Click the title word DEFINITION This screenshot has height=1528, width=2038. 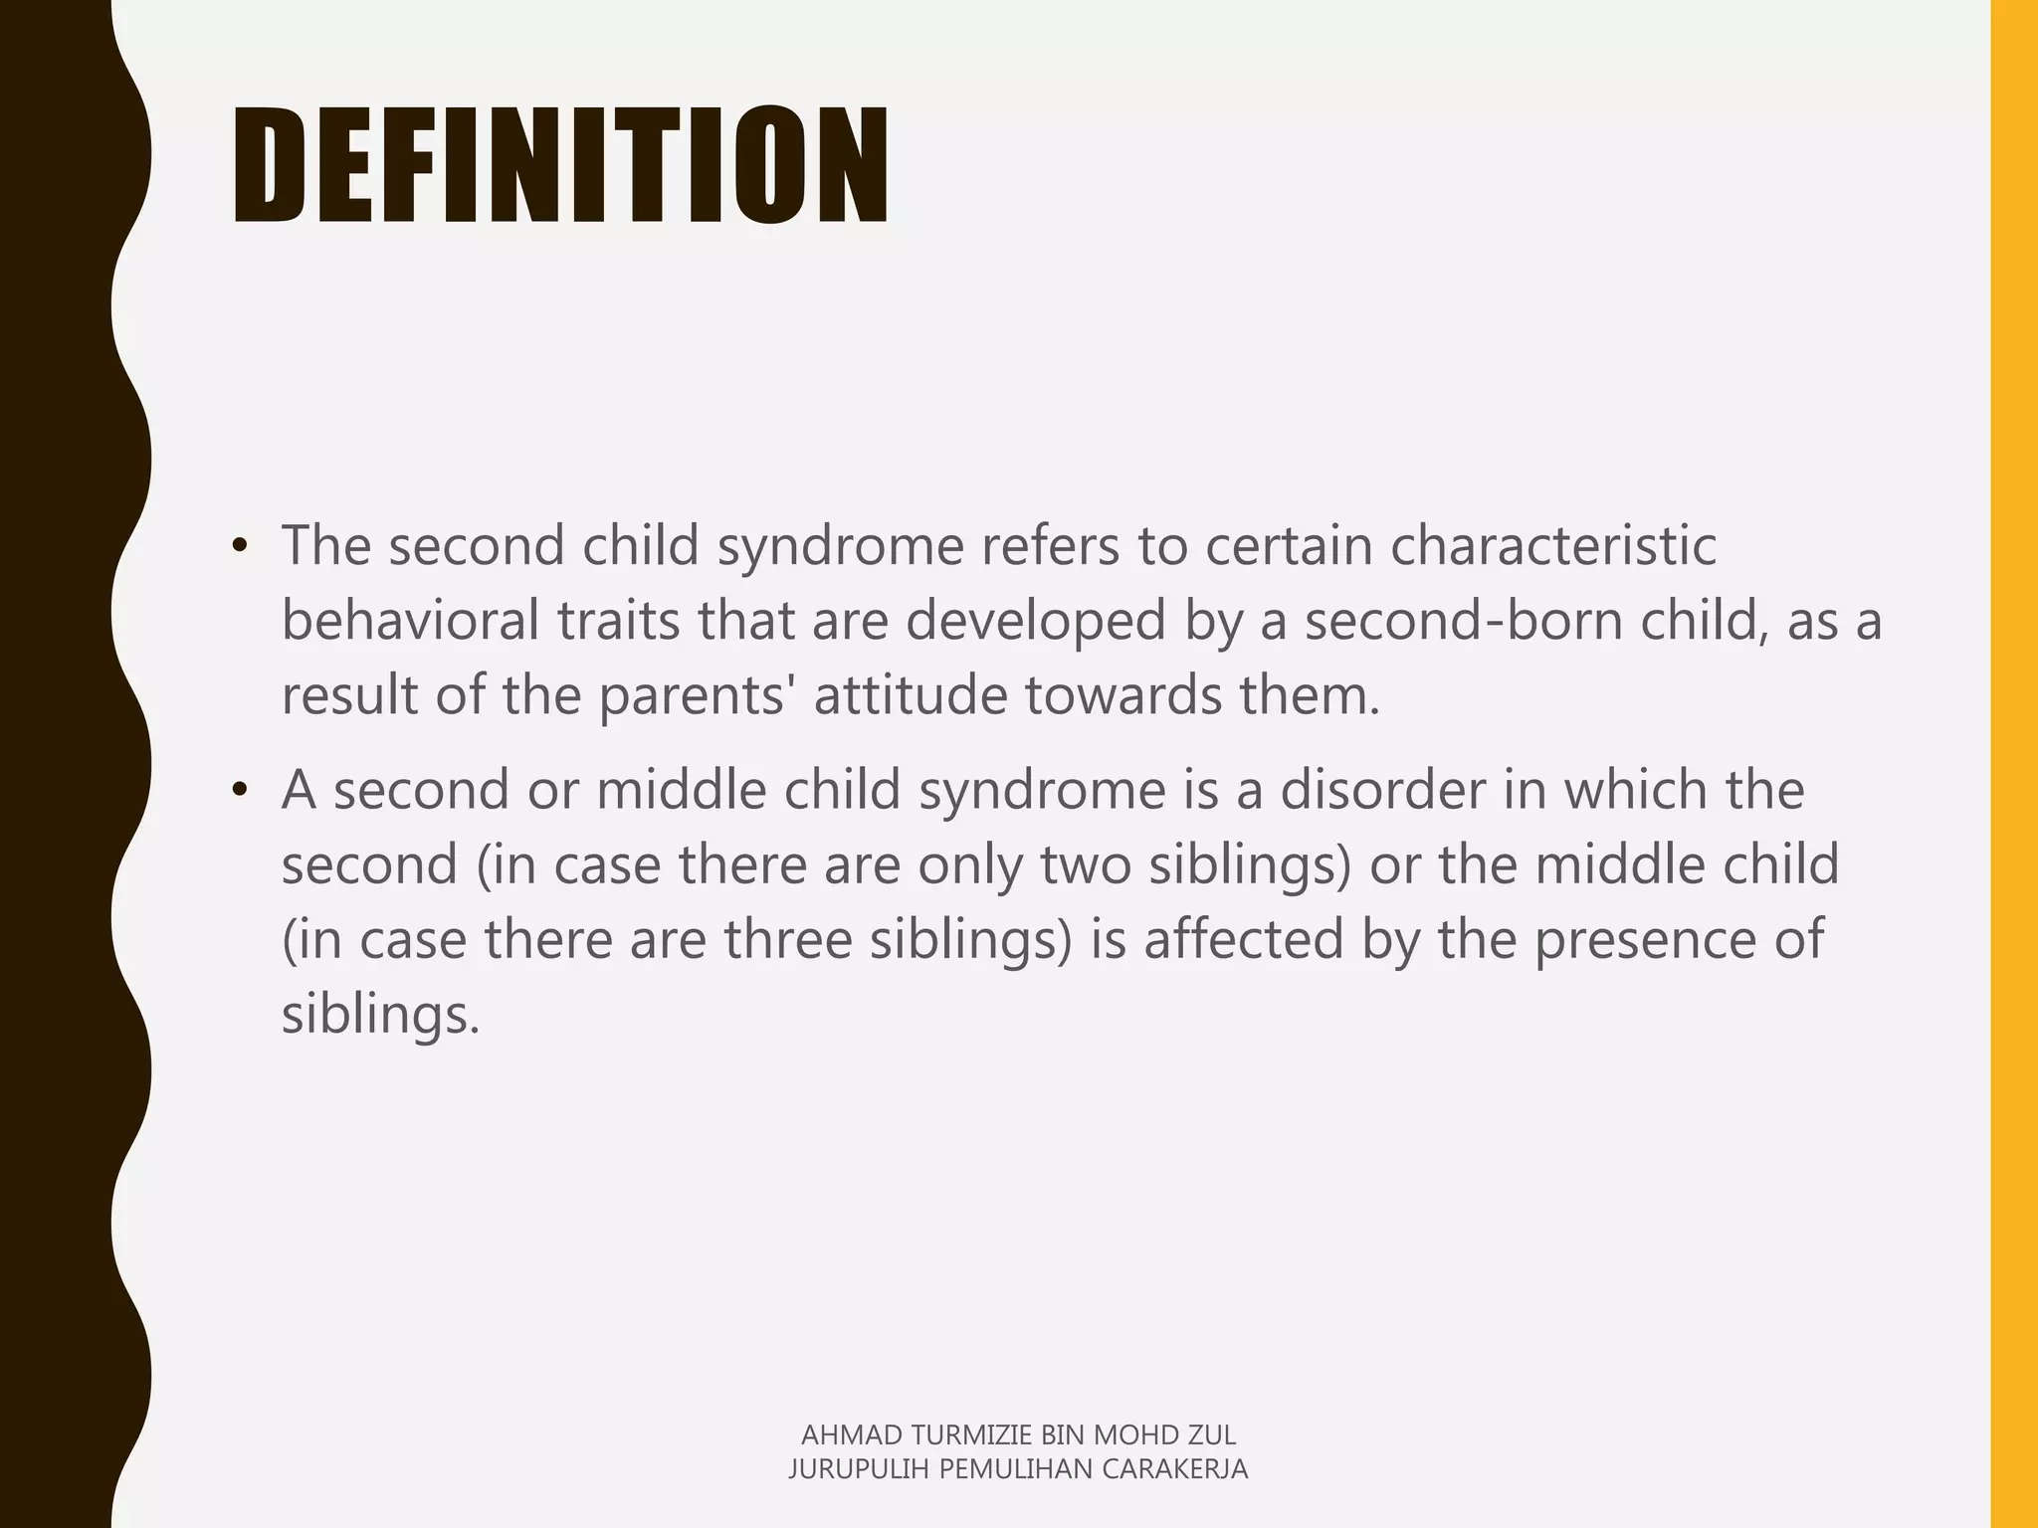559,165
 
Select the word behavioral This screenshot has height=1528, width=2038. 410,620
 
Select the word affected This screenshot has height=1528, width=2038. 1244,939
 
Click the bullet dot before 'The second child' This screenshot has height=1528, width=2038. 238,547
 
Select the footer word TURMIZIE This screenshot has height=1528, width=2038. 971,1434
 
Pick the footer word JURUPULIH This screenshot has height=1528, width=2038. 859,1469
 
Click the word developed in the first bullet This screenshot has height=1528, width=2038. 1035,620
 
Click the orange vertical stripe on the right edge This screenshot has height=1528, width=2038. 2014,764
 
